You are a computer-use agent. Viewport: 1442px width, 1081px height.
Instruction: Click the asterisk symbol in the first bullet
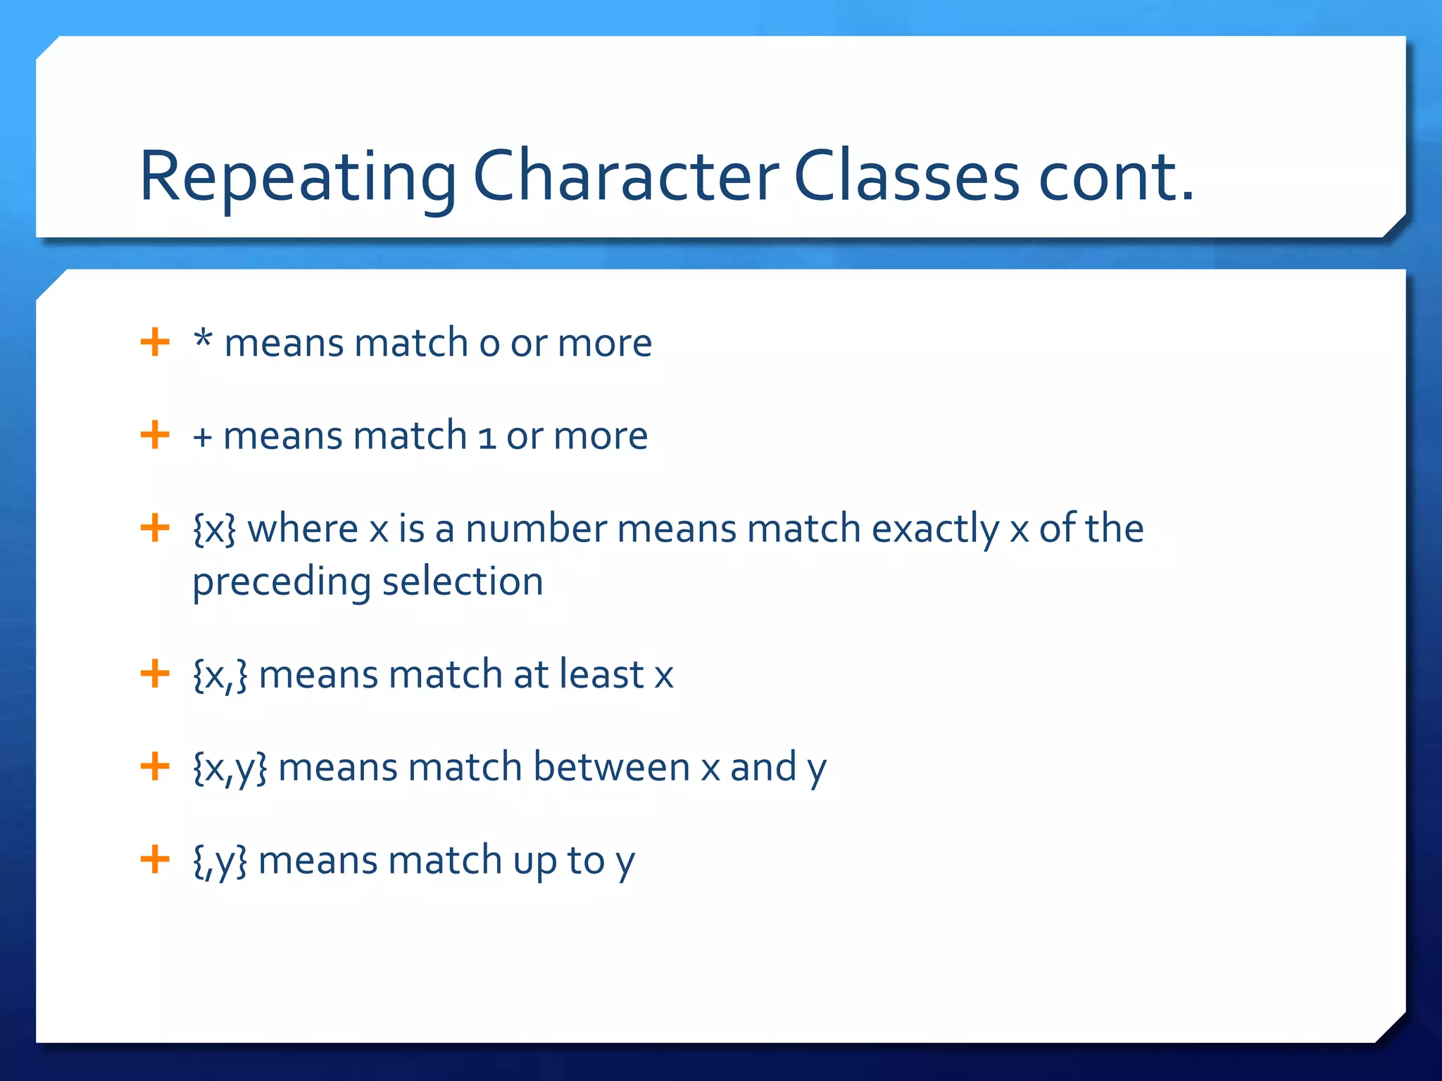point(203,339)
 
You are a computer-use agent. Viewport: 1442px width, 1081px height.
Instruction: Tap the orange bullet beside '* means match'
point(155,343)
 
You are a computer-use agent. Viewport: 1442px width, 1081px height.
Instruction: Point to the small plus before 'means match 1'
point(202,438)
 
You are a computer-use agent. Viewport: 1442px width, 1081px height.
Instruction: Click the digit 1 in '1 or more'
point(486,436)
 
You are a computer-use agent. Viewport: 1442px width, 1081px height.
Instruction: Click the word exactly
point(935,529)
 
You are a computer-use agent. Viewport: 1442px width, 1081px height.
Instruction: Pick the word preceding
point(282,583)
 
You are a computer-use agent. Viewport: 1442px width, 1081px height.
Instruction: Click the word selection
point(463,581)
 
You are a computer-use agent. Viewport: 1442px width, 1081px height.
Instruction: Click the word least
point(601,674)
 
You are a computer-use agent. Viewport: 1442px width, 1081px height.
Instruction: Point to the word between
point(611,766)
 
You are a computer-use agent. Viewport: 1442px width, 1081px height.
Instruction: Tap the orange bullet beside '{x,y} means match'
point(155,766)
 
